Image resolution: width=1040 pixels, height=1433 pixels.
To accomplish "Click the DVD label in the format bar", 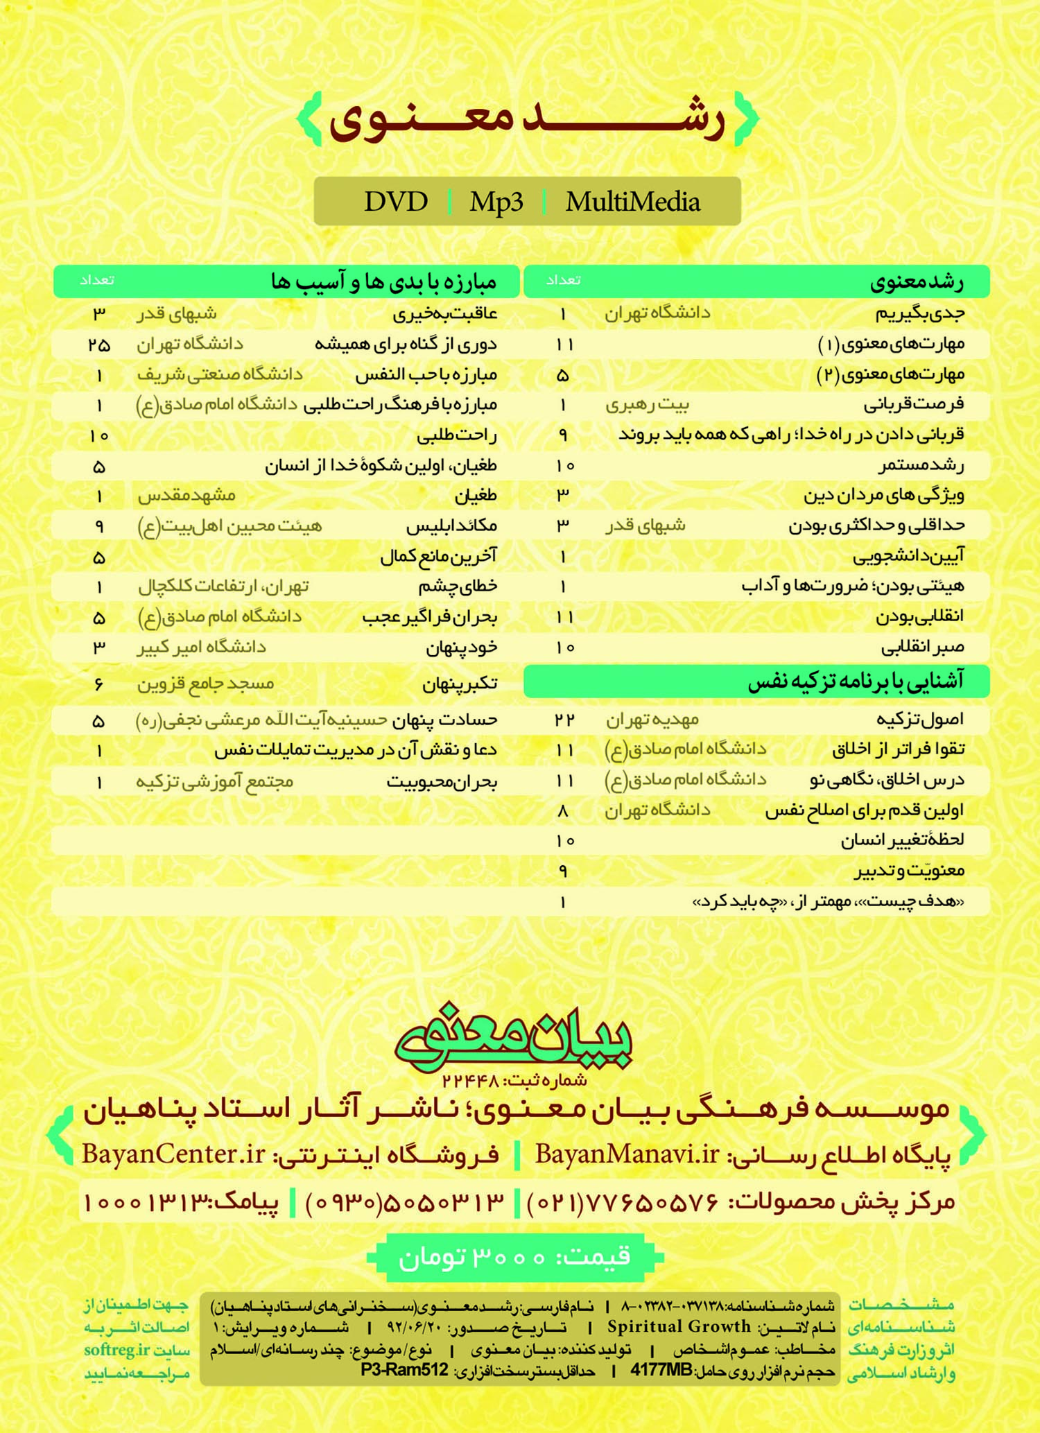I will coord(396,202).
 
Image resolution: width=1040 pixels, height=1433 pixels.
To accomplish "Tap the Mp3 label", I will coord(496,202).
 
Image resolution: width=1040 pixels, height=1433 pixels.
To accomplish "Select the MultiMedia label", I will coord(632,202).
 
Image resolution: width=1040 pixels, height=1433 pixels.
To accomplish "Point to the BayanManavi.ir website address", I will coord(627,1154).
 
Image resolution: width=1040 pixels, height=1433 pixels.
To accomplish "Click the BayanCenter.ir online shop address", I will coord(173,1154).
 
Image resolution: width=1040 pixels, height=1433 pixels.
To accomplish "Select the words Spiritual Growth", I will coord(679,1327).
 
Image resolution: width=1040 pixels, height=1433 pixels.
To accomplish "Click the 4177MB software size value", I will coord(661,1370).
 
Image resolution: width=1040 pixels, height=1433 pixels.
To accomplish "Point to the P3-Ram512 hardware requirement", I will coord(404,1370).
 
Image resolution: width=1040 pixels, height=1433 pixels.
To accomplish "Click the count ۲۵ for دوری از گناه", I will coord(99,345).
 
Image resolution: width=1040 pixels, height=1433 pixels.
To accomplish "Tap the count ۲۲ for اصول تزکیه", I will coord(564,720).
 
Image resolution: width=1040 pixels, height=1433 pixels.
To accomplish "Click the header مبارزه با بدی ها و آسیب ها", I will coord(383,281).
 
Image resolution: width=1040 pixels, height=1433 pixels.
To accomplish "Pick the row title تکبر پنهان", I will coord(460,684).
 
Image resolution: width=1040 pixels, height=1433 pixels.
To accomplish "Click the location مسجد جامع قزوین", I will coord(205,684).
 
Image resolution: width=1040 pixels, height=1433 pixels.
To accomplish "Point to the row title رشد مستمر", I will coord(921,465).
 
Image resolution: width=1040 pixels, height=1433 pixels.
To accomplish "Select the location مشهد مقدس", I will coord(187,496).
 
